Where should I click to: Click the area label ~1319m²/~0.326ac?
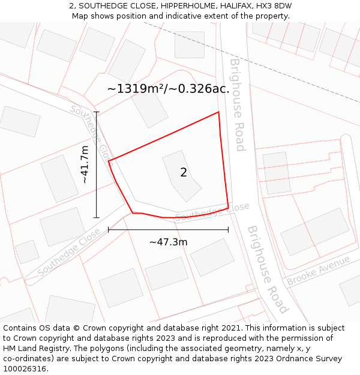click(168, 89)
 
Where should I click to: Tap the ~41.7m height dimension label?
click(85, 164)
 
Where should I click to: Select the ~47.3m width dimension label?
click(168, 242)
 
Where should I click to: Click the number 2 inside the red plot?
click(184, 173)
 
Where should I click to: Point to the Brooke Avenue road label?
click(318, 271)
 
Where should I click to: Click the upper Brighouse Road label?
click(238, 104)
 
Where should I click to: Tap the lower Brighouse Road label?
click(268, 269)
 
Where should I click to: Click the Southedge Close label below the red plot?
click(212, 211)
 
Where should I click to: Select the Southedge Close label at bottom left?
click(68, 252)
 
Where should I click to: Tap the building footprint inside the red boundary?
click(182, 175)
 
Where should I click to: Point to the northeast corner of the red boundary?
click(218, 112)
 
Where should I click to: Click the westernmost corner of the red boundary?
click(109, 161)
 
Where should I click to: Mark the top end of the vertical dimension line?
click(96, 112)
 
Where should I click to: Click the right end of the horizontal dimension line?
click(228, 229)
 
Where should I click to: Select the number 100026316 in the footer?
click(25, 369)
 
